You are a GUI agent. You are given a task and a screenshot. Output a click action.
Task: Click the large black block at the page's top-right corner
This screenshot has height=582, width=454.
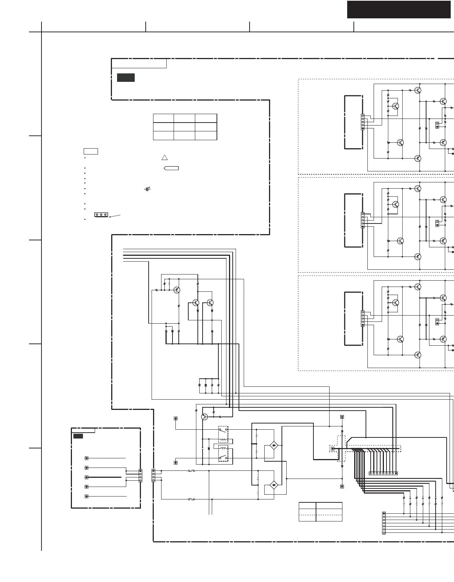tap(399, 10)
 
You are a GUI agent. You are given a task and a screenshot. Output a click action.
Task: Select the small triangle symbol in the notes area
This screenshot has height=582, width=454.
tap(164, 157)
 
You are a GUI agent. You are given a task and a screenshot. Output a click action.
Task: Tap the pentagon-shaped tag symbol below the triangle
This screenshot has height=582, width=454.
tap(171, 168)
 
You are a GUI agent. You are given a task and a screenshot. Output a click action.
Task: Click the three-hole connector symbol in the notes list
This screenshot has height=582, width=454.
tap(101, 215)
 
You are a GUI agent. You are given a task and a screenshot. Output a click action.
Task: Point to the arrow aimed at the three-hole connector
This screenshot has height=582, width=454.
tap(115, 216)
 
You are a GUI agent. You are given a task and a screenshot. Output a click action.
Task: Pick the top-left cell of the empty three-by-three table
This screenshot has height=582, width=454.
tap(163, 118)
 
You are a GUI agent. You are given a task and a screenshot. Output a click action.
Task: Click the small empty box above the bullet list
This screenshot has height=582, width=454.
tap(91, 151)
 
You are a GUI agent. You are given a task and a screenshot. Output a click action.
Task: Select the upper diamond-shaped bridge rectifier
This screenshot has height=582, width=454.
tap(274, 445)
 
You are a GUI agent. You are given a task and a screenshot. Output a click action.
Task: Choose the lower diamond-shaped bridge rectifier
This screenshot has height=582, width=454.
tap(274, 485)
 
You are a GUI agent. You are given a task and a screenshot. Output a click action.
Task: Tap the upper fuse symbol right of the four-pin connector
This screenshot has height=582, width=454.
tap(191, 471)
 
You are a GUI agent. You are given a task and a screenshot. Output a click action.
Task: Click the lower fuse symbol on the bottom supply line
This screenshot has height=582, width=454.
tap(191, 499)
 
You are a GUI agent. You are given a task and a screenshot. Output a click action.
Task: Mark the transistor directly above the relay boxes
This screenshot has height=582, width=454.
tap(204, 417)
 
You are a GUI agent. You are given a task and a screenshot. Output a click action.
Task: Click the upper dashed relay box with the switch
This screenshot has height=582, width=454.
tap(223, 434)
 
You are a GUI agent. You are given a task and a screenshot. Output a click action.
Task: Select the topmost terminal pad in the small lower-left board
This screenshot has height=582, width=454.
tap(87, 458)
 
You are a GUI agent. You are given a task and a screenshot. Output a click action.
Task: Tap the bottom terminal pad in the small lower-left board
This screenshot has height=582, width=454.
tap(87, 496)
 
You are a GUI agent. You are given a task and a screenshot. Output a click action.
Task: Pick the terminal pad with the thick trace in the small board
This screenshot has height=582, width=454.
tap(87, 477)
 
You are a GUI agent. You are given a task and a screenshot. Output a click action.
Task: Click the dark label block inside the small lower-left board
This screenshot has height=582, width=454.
tap(78, 436)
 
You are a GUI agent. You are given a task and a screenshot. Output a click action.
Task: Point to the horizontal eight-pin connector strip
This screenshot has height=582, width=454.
tap(383, 473)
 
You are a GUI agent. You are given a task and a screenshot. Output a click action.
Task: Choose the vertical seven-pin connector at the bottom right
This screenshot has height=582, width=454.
tap(384, 523)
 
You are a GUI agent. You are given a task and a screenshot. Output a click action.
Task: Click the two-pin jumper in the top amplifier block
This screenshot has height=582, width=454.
tap(437, 125)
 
